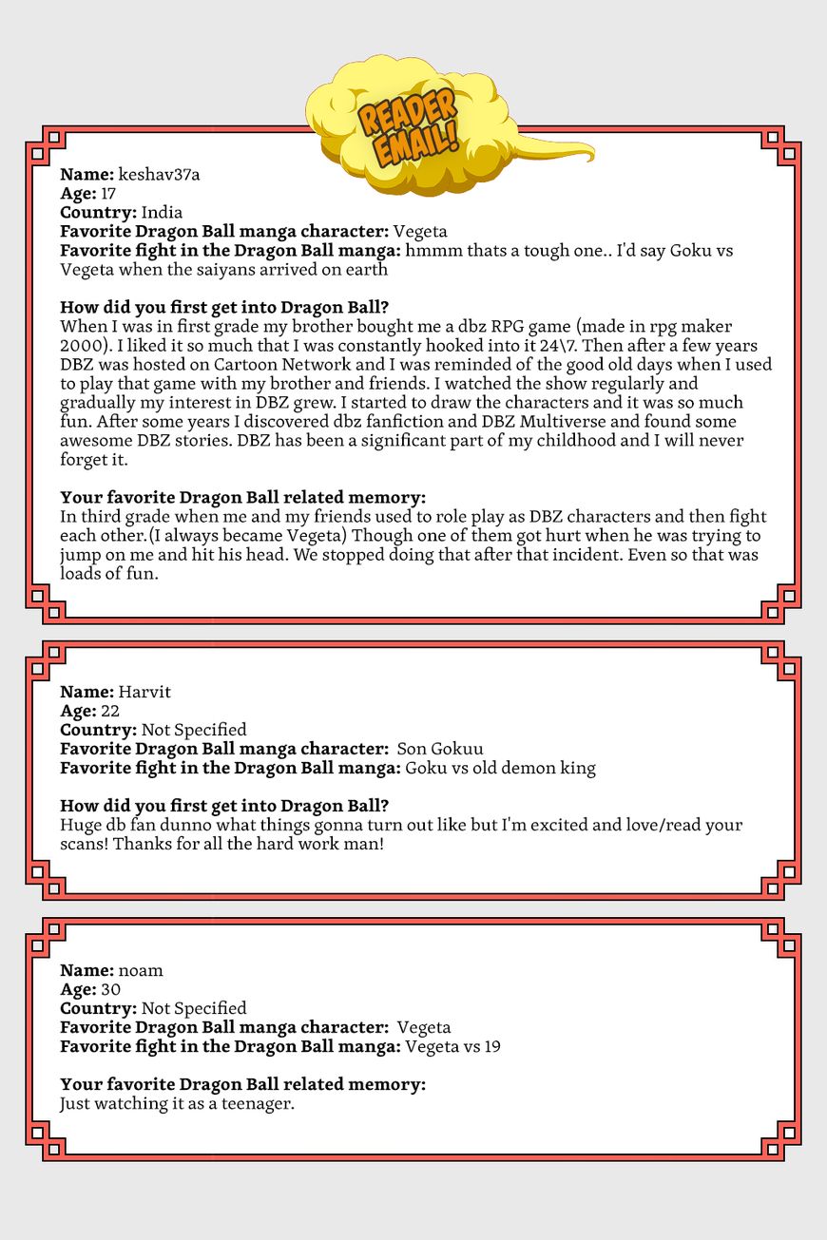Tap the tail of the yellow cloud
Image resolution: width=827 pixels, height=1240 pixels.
[x=561, y=152]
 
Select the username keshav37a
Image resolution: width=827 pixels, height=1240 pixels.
[x=159, y=175]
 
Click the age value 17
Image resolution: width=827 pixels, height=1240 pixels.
[x=108, y=194]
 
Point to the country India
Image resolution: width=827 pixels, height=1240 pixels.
[x=162, y=213]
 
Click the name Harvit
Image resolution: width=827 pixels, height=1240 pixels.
[x=144, y=692]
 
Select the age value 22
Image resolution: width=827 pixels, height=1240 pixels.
[x=110, y=711]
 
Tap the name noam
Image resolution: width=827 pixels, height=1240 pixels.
[x=141, y=970]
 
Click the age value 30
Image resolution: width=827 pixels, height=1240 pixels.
[x=110, y=989]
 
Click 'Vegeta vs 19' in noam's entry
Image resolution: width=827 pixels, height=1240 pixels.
[x=452, y=1046]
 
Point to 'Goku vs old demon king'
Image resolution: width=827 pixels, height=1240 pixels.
[x=500, y=768]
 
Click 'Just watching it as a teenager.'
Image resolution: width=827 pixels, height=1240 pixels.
[x=177, y=1103]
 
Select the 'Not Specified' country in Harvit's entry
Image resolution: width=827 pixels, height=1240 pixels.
[x=194, y=730]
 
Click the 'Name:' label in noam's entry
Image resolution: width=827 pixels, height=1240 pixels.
[x=87, y=970]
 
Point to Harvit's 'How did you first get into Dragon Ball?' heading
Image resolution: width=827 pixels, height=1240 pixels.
[x=224, y=806]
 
